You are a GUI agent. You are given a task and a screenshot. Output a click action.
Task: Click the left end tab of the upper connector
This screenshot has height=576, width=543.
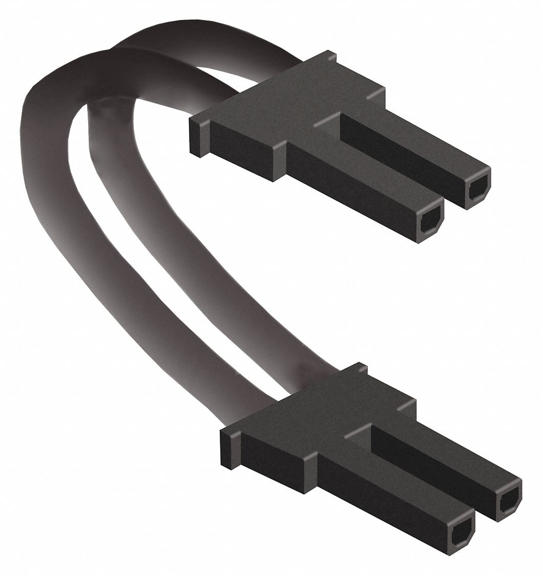199,136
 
